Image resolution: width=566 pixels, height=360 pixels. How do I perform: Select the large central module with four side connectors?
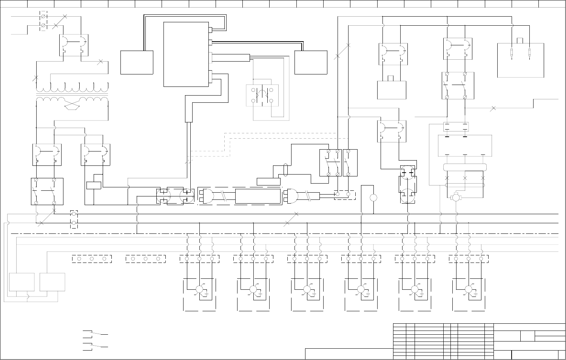coord(186,54)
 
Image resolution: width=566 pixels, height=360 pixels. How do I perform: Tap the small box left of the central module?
coord(137,62)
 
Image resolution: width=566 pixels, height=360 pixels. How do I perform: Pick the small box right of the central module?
coord(311,62)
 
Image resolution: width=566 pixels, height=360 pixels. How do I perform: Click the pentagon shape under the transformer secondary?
coord(72,107)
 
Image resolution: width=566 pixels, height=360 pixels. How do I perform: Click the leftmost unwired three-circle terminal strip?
coord(92,259)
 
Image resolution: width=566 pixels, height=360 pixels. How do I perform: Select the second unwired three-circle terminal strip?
coord(145,259)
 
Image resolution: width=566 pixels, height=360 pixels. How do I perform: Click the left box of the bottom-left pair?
coord(22,282)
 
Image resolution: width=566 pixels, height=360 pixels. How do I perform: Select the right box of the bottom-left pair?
coord(52,282)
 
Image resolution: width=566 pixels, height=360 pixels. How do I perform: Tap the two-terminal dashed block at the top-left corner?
coord(43,21)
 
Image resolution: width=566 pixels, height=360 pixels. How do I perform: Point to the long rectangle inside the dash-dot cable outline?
coord(258,196)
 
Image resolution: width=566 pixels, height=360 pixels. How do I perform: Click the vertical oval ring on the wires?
coord(286,170)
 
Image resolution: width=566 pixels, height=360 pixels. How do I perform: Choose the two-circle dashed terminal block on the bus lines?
coord(74,219)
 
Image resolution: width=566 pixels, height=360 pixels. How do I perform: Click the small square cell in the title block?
coord(527,336)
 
